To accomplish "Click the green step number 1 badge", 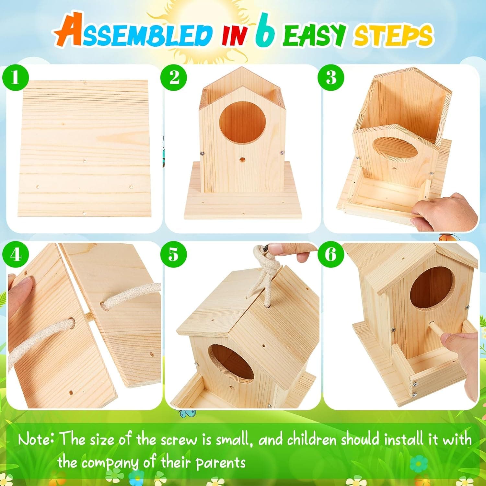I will pos(15,78).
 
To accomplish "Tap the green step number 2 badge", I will pos(174,78).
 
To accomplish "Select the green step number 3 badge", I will pos(330,78).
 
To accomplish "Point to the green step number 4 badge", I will pos(15,255).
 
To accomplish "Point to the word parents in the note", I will pos(220,462).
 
